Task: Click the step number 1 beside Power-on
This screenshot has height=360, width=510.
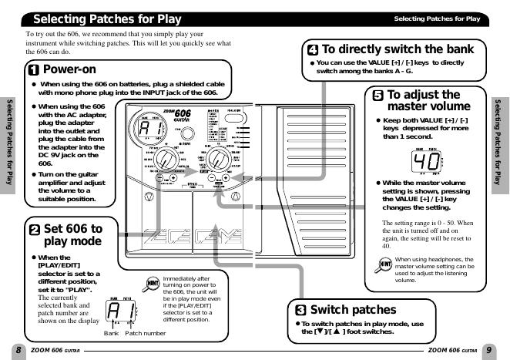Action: (34, 70)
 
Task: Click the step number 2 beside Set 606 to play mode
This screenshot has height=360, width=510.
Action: (35, 229)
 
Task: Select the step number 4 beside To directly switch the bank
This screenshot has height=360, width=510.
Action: (312, 49)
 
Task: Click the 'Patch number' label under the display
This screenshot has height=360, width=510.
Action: (146, 332)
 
